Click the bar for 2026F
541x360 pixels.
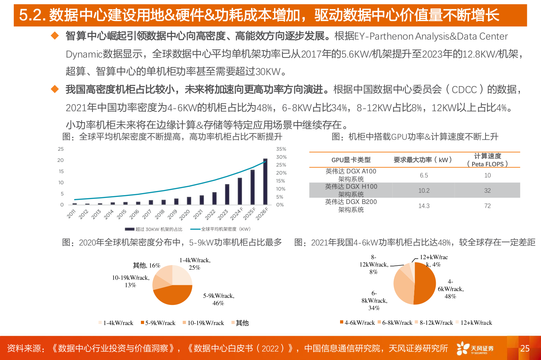click(x=265, y=182)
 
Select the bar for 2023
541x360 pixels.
click(x=227, y=194)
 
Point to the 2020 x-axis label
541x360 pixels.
click(x=185, y=215)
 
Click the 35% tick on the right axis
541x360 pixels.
click(x=281, y=149)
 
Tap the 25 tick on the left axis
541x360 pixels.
click(x=61, y=149)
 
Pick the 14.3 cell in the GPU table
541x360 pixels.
click(x=424, y=206)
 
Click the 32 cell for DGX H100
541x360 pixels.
click(x=487, y=191)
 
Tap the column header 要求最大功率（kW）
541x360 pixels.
click(x=423, y=160)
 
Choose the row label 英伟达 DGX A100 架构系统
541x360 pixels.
click(x=351, y=175)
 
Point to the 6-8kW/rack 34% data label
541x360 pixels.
click(x=374, y=301)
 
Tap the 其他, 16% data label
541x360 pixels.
click(x=147, y=265)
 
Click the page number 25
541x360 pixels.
click(x=525, y=348)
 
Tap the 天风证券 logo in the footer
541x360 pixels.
click(x=475, y=348)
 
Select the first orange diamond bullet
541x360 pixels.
click(x=55, y=36)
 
